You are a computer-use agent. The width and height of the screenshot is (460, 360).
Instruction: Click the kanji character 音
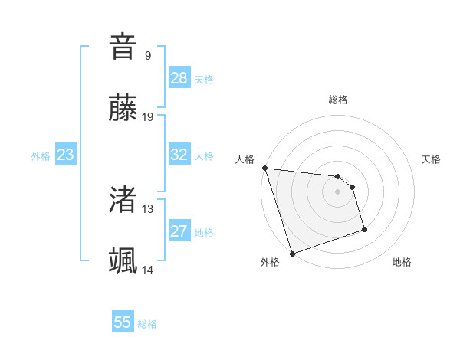point(123,47)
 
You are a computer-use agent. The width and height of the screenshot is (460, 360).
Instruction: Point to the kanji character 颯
point(123,260)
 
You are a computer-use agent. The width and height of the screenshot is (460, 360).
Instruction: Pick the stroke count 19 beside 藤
point(148,116)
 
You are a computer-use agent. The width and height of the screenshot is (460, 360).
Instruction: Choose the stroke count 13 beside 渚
point(148,208)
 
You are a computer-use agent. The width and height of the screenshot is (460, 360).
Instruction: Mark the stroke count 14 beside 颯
point(148,270)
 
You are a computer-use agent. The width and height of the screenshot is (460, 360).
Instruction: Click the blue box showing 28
point(179,78)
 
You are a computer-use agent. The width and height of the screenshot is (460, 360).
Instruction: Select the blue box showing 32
point(179,155)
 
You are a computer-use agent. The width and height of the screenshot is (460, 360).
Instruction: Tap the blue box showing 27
point(179,231)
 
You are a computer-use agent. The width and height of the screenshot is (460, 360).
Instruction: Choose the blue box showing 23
point(66,155)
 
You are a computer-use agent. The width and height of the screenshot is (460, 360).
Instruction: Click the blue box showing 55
point(123,322)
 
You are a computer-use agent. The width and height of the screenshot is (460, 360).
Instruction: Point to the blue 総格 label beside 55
point(147,324)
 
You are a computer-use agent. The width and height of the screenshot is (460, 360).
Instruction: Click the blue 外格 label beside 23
point(41,156)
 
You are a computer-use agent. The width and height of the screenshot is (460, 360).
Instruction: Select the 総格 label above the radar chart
point(337,100)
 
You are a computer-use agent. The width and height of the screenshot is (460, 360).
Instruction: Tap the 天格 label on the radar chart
point(431,159)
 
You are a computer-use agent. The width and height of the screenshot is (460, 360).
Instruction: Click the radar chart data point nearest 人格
point(264,168)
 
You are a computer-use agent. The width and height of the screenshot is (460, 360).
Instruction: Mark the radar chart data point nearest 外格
point(291,252)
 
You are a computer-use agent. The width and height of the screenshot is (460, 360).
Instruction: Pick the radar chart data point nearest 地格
point(364,229)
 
